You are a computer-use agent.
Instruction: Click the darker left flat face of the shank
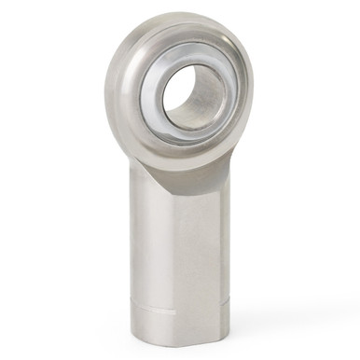click(149, 252)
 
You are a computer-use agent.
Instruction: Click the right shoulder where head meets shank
click(239, 168)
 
